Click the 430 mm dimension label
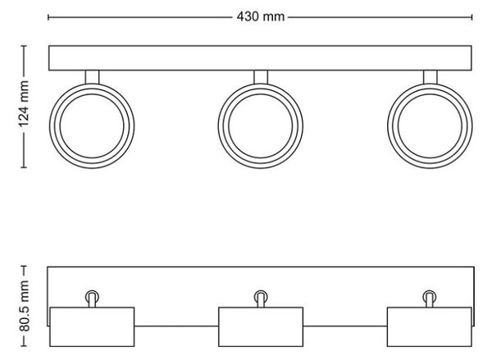261,16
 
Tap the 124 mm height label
24,104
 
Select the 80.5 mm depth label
24,306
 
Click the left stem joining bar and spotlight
92,77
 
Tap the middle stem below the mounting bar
261,77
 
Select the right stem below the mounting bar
430,77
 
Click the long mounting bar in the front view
260,58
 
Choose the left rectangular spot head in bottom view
92,326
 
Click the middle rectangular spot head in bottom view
261,326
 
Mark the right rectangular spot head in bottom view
430,326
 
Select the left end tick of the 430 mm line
48,17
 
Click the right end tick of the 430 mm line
472,17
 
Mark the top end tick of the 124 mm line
24,46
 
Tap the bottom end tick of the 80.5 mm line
24,346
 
